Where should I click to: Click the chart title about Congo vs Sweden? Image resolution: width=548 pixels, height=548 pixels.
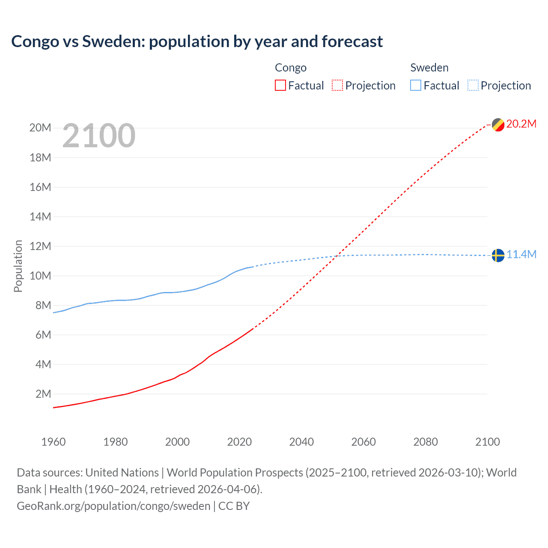tap(197, 42)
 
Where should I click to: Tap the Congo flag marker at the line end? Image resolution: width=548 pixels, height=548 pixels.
tap(498, 125)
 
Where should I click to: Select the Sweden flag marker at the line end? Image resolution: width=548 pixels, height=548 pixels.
tap(498, 255)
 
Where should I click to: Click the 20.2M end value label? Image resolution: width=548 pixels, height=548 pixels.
tap(521, 124)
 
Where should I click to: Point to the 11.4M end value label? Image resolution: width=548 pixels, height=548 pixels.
tap(521, 254)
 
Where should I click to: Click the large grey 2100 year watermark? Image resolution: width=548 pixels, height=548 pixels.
tap(99, 136)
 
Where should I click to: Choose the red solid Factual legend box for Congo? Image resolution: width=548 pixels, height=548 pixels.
tap(280, 86)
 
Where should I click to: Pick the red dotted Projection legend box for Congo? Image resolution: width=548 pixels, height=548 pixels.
tap(337, 86)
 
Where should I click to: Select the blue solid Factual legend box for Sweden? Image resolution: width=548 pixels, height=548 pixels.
tap(416, 86)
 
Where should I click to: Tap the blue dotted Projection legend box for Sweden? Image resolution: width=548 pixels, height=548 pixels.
tap(473, 86)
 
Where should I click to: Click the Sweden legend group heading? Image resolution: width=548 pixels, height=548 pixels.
tap(429, 68)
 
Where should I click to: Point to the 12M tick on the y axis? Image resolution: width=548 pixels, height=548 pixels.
tap(40, 246)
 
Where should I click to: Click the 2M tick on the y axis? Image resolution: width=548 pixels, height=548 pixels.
tap(43, 394)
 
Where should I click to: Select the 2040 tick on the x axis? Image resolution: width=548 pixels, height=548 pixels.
tap(301, 442)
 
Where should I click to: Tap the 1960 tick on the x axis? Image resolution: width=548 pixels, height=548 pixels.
tap(54, 442)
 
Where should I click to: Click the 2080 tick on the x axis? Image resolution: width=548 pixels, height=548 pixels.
tap(426, 442)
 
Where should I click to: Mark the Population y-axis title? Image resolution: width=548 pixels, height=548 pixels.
tap(18, 266)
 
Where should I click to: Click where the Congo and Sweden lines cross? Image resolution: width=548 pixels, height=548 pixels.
tap(338, 256)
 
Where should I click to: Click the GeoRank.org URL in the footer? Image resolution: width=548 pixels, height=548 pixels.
tap(113, 506)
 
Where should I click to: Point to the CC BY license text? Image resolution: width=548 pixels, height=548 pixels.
tap(234, 506)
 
